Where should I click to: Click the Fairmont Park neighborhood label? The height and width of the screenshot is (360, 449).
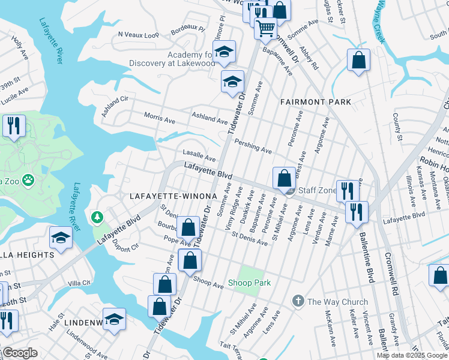tap(316, 102)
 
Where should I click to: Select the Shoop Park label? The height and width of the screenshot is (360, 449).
tap(250, 283)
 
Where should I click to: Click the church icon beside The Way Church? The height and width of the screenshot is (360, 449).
tap(298, 301)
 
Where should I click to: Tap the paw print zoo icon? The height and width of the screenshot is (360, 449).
tap(28, 179)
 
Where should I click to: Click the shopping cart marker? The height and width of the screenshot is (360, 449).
tap(265, 28)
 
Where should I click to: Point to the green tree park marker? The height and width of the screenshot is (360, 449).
tap(96, 216)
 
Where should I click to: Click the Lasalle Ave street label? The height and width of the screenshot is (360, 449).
tap(199, 156)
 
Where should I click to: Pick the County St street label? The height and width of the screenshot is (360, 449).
tap(397, 127)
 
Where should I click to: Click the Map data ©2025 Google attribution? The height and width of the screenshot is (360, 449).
tap(412, 355)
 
